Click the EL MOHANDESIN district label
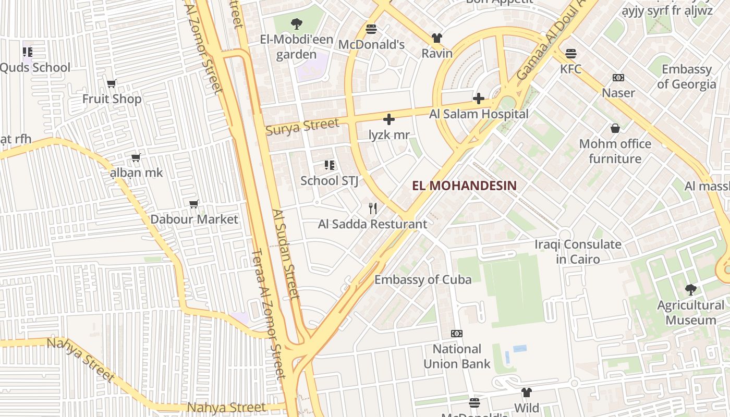[x=464, y=186]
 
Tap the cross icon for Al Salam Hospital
[x=479, y=98]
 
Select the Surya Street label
[x=302, y=126]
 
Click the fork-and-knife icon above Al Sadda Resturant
[x=372, y=208]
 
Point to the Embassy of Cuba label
[x=423, y=279]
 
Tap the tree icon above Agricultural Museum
[x=690, y=289]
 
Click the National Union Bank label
[x=457, y=357]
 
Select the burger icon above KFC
[x=571, y=53]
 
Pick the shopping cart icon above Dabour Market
[x=194, y=204]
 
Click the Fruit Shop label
[x=112, y=99]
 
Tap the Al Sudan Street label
[x=286, y=254]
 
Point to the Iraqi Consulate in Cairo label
[x=578, y=252]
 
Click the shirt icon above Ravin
[x=436, y=38]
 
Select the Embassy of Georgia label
[x=686, y=77]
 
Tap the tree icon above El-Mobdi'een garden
[x=296, y=23]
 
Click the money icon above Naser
[x=618, y=78]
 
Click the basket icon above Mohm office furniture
[x=615, y=128]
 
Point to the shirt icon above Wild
[x=527, y=393]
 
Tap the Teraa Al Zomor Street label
[x=268, y=313]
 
